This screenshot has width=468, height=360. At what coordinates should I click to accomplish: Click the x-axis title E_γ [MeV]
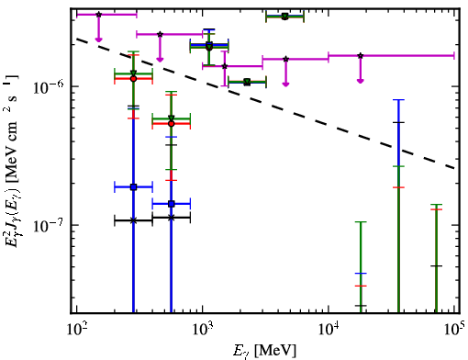click(x=264, y=351)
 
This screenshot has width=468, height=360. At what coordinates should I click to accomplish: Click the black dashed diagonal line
click(x=266, y=104)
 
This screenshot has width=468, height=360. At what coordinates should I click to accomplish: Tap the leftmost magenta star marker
click(x=98, y=15)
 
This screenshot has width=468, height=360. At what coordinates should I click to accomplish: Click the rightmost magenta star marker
click(x=361, y=56)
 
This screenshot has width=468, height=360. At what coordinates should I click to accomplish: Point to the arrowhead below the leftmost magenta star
click(x=98, y=39)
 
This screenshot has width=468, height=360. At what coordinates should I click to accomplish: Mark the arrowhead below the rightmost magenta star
click(x=361, y=81)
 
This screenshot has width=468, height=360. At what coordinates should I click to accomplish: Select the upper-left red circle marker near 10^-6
click(x=133, y=79)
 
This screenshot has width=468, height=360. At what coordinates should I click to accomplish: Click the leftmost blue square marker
click(x=133, y=187)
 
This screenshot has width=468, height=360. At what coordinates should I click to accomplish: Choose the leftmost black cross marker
click(x=133, y=220)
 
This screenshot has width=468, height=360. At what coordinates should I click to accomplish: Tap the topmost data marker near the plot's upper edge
click(x=284, y=17)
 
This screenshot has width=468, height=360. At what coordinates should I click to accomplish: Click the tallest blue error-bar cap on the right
click(x=398, y=100)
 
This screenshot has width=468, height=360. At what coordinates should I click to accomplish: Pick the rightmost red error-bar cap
click(x=436, y=209)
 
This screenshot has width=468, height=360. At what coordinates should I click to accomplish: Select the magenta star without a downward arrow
click(x=225, y=66)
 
